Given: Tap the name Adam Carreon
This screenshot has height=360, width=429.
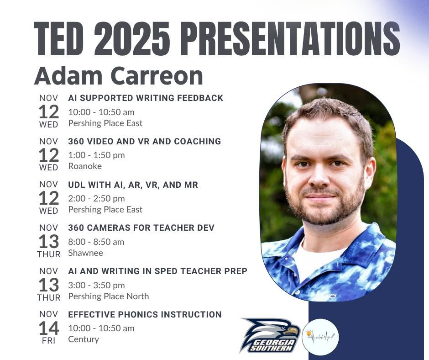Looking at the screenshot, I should [119, 75].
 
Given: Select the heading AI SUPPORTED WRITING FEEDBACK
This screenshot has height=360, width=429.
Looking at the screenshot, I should [146, 98].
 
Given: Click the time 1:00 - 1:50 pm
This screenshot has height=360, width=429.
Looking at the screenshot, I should [96, 155].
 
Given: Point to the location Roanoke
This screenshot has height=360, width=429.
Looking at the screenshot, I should [85, 166].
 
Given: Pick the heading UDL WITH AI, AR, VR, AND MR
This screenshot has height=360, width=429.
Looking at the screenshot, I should [133, 185].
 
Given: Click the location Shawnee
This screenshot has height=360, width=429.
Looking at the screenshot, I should [85, 253].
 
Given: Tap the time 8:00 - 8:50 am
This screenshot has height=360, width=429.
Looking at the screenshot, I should [96, 242].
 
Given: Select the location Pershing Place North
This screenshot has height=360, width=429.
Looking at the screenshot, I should [109, 296].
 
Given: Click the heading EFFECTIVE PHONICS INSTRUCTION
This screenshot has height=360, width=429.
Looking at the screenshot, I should [145, 314].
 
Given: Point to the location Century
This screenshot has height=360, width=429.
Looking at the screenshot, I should [84, 339].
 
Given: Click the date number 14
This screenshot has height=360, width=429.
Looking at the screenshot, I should [48, 328].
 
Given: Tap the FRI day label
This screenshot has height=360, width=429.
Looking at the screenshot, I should [48, 341].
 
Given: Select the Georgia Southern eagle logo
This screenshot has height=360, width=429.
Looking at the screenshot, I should [270, 335].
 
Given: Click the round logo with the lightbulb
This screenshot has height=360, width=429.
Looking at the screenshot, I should [320, 337].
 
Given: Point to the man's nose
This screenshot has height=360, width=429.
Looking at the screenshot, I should [320, 178].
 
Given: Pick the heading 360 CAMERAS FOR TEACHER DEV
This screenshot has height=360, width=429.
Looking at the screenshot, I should [141, 228].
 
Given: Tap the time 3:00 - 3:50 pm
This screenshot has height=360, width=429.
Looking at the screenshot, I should [96, 285].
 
